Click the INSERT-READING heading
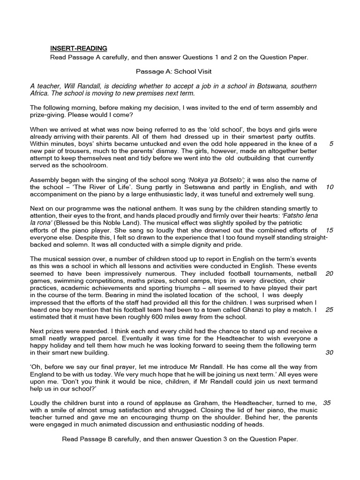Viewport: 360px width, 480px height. point(79,48)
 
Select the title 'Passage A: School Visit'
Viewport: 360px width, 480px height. point(174,72)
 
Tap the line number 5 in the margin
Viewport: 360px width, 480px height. point(331,144)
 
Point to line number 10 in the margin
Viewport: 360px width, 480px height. point(329,187)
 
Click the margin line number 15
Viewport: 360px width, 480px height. point(329,230)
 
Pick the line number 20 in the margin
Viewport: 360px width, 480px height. point(329,273)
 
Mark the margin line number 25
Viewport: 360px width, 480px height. point(329,309)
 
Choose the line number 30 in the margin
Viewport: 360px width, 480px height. point(329,352)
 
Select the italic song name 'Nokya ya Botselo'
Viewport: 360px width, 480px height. point(216,180)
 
